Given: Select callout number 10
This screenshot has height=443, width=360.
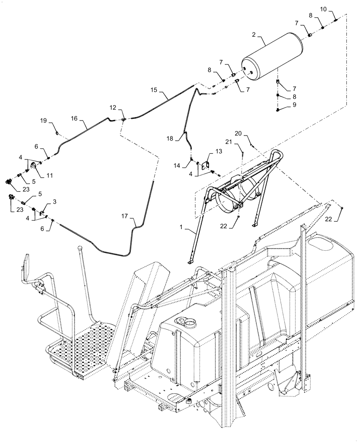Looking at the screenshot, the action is tap(336, 9).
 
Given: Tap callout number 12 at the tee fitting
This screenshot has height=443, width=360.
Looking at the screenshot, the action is tap(114, 109).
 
